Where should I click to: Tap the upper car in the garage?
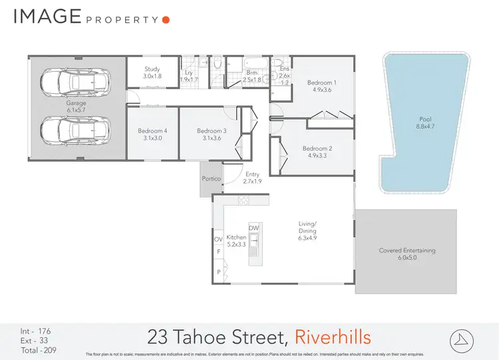[x=75, y=83]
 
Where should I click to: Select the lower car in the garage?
[x=75, y=128]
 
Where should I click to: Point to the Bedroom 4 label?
[x=152, y=135]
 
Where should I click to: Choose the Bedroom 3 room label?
[x=212, y=135]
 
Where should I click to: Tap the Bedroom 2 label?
[x=316, y=152]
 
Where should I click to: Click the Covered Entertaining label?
[x=407, y=254]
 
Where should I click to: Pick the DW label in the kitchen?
[x=253, y=228]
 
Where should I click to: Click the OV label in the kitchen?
[x=218, y=239]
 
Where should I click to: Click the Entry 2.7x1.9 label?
[x=251, y=178]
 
